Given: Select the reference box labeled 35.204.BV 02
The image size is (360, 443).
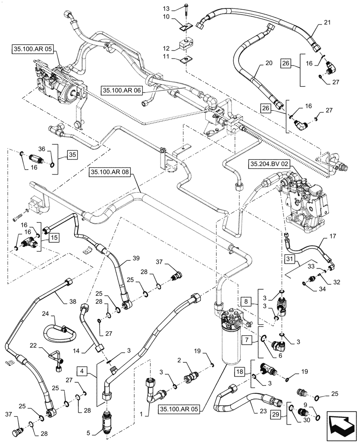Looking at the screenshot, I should pyautogui.click(x=270, y=163).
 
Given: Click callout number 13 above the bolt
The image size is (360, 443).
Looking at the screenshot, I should pyautogui.click(x=166, y=9).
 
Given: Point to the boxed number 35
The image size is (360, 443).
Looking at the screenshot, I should pyautogui.click(x=72, y=155).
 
